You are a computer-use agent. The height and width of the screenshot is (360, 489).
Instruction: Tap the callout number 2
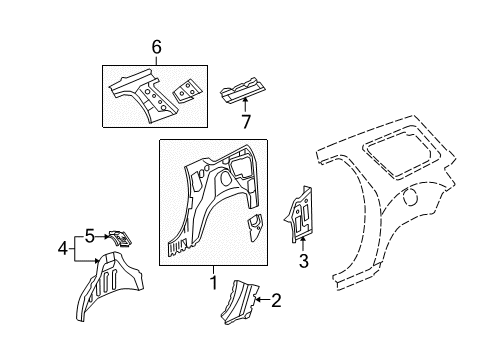pyautogui.click(x=277, y=297)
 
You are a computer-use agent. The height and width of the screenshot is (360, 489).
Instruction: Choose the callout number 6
pyautogui.click(x=156, y=47)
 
